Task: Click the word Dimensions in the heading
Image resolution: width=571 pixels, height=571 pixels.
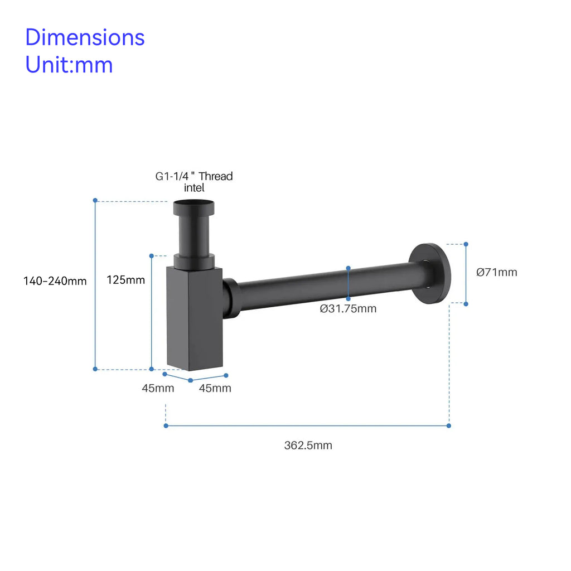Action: click(x=85, y=38)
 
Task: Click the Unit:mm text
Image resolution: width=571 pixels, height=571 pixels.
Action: click(x=69, y=65)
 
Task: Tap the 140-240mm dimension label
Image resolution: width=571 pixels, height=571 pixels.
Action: click(x=55, y=281)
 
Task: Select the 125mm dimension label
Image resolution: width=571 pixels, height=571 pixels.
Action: click(x=125, y=280)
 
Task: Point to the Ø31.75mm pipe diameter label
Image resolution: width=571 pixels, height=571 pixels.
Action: click(x=348, y=309)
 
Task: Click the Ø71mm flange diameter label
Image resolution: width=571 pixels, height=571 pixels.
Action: click(x=496, y=273)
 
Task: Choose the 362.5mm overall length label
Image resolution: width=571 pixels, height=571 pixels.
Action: click(x=308, y=445)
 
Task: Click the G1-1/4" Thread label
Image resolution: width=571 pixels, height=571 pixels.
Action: click(x=193, y=177)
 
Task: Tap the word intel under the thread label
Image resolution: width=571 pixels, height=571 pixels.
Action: click(x=194, y=188)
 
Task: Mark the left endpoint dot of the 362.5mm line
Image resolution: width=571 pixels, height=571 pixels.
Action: click(x=166, y=425)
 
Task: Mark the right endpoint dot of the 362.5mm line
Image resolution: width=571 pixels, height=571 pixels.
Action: click(x=449, y=425)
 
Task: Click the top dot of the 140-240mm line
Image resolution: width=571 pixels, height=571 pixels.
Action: click(x=95, y=200)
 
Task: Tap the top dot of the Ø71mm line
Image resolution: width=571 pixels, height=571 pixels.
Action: click(x=466, y=244)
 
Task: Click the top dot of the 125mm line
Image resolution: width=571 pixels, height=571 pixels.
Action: click(x=152, y=255)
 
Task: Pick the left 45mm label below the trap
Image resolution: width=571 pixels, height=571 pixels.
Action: click(x=158, y=388)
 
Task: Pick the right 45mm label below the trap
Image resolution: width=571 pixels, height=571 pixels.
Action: click(x=215, y=388)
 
